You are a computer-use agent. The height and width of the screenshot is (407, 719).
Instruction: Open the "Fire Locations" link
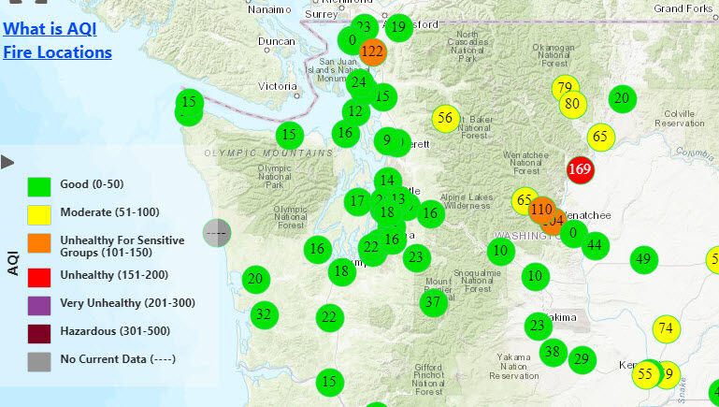(x=57, y=51)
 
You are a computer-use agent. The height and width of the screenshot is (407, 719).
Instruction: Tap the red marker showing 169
(x=580, y=169)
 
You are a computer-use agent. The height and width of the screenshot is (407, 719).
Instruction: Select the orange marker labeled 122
(x=372, y=51)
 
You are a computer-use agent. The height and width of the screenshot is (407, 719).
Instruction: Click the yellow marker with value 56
(x=445, y=118)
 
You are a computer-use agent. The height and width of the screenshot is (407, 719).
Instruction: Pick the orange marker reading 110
(x=541, y=209)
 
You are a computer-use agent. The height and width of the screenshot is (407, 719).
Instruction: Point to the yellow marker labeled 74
(x=666, y=328)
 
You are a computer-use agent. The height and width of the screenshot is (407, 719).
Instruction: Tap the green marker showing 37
(x=432, y=302)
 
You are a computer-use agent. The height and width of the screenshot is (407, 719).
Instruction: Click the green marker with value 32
(x=264, y=314)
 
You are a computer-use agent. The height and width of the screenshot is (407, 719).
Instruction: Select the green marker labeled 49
(x=642, y=259)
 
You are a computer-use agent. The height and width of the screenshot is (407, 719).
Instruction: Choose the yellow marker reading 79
(x=564, y=89)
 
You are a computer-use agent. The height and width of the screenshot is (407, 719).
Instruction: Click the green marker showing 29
(x=582, y=359)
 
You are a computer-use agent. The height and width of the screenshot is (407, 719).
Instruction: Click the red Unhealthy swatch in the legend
(x=38, y=277)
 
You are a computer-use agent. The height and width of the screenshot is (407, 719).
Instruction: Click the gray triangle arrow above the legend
(x=7, y=162)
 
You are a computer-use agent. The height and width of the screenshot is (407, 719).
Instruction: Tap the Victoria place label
(x=277, y=86)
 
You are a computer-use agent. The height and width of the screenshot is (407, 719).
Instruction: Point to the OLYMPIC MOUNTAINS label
(x=268, y=153)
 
